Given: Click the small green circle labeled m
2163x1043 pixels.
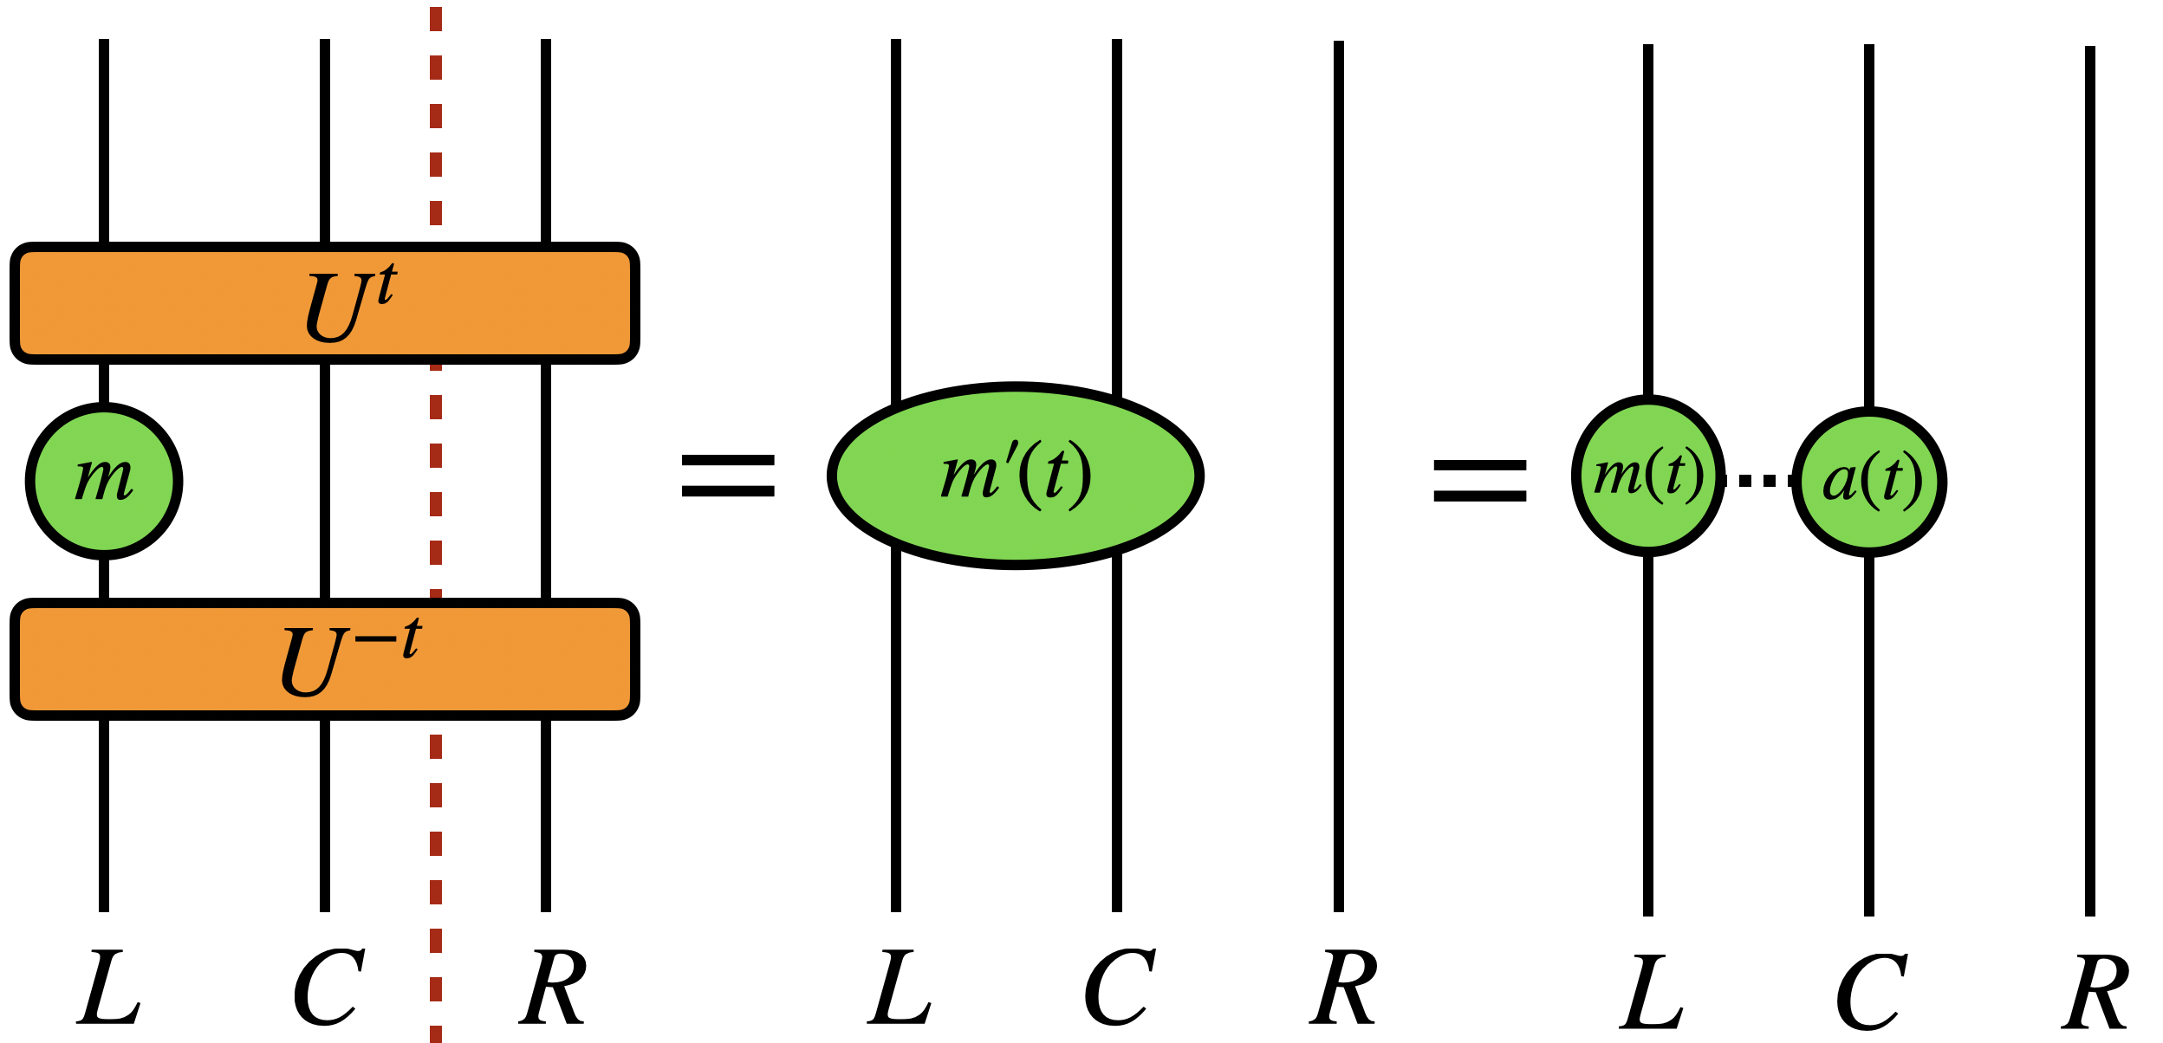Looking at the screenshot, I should click(x=104, y=481).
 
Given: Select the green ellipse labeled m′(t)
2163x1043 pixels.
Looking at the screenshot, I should click(x=1016, y=476).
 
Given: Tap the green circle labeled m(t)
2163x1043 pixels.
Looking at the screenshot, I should click(x=1648, y=476).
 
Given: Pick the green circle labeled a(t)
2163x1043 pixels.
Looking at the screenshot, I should click(x=1869, y=481).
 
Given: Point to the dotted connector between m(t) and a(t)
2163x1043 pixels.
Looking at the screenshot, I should click(x=1757, y=480).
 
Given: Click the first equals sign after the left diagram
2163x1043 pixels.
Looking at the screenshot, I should click(x=728, y=476).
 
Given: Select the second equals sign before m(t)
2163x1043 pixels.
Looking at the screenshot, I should click(x=1480, y=481).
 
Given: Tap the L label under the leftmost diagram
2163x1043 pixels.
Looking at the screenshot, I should click(x=108, y=988).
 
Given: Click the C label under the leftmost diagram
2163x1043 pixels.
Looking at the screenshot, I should click(x=328, y=988).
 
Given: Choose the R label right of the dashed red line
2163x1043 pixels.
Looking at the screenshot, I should click(x=553, y=988).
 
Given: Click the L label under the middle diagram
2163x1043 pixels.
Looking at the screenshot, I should click(x=900, y=988).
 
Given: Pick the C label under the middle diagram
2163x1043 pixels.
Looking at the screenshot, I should click(x=1119, y=988).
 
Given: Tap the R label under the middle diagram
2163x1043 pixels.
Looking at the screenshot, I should click(x=1342, y=988).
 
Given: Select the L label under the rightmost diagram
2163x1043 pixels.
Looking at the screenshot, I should click(x=1652, y=992).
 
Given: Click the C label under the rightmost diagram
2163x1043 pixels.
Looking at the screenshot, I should click(x=1871, y=992).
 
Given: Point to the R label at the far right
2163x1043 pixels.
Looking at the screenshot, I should click(x=2095, y=992).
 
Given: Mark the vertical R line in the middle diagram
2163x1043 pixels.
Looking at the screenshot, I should click(x=1339, y=260).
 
